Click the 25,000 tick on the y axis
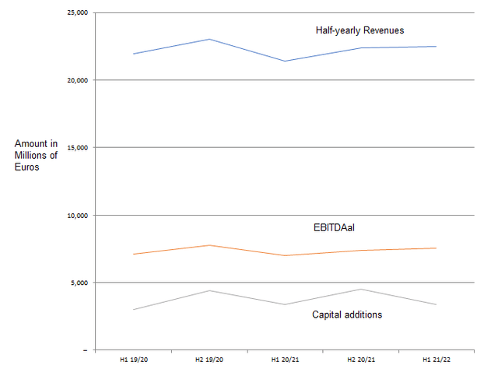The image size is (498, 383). (76, 12)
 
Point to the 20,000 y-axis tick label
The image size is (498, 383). (76, 80)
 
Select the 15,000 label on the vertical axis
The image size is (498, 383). (76, 147)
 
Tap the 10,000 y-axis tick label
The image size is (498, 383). (76, 215)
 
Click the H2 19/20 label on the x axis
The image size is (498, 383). (209, 360)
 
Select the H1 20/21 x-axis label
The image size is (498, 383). (285, 360)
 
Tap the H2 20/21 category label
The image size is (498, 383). (361, 360)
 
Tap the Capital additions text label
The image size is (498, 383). (347, 314)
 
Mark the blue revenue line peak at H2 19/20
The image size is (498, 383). (209, 39)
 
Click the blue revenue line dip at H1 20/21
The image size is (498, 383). (285, 61)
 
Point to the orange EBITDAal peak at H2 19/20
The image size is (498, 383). (209, 245)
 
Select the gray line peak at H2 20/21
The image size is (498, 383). (361, 289)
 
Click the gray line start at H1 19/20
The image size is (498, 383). (134, 310)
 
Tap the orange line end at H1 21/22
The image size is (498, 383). (437, 248)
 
